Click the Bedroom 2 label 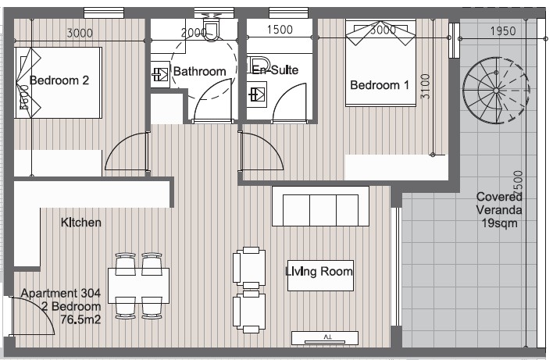[x=59, y=80]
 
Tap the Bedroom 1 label [x=380, y=85]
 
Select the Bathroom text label [x=200, y=72]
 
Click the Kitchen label [x=80, y=223]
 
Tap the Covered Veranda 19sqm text [x=499, y=210]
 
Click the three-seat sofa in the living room [x=319, y=206]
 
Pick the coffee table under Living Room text [x=320, y=276]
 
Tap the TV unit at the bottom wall [x=325, y=337]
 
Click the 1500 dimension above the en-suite [x=280, y=30]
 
